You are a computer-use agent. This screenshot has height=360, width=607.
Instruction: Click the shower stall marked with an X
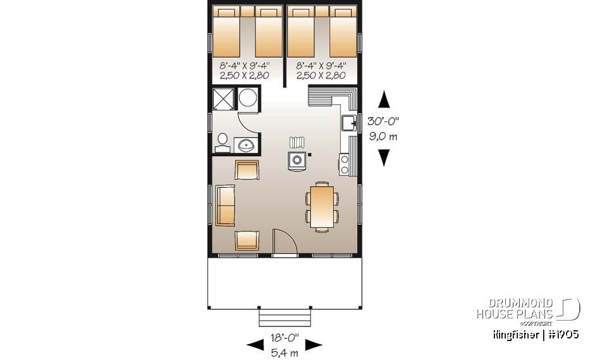point(223,99)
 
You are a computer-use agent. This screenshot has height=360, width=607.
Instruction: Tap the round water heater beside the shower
point(248,99)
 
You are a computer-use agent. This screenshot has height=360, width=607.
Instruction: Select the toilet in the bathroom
point(222,142)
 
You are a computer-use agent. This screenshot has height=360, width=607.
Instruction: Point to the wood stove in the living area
point(297,161)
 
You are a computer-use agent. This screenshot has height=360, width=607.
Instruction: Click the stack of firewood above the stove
point(297,142)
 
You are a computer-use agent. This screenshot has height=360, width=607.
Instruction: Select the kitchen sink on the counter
point(348,123)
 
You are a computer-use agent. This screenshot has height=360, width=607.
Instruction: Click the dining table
point(322,206)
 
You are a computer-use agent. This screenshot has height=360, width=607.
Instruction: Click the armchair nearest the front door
point(247,240)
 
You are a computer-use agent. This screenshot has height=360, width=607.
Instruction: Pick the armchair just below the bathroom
point(247,170)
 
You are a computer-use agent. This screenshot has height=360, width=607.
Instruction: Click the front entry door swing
point(282,243)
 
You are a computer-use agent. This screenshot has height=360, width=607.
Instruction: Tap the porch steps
point(284,316)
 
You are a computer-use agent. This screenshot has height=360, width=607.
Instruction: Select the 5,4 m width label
point(283,351)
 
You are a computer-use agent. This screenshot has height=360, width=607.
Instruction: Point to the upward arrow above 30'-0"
point(383,100)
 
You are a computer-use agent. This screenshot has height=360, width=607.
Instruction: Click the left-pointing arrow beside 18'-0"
point(255,345)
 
